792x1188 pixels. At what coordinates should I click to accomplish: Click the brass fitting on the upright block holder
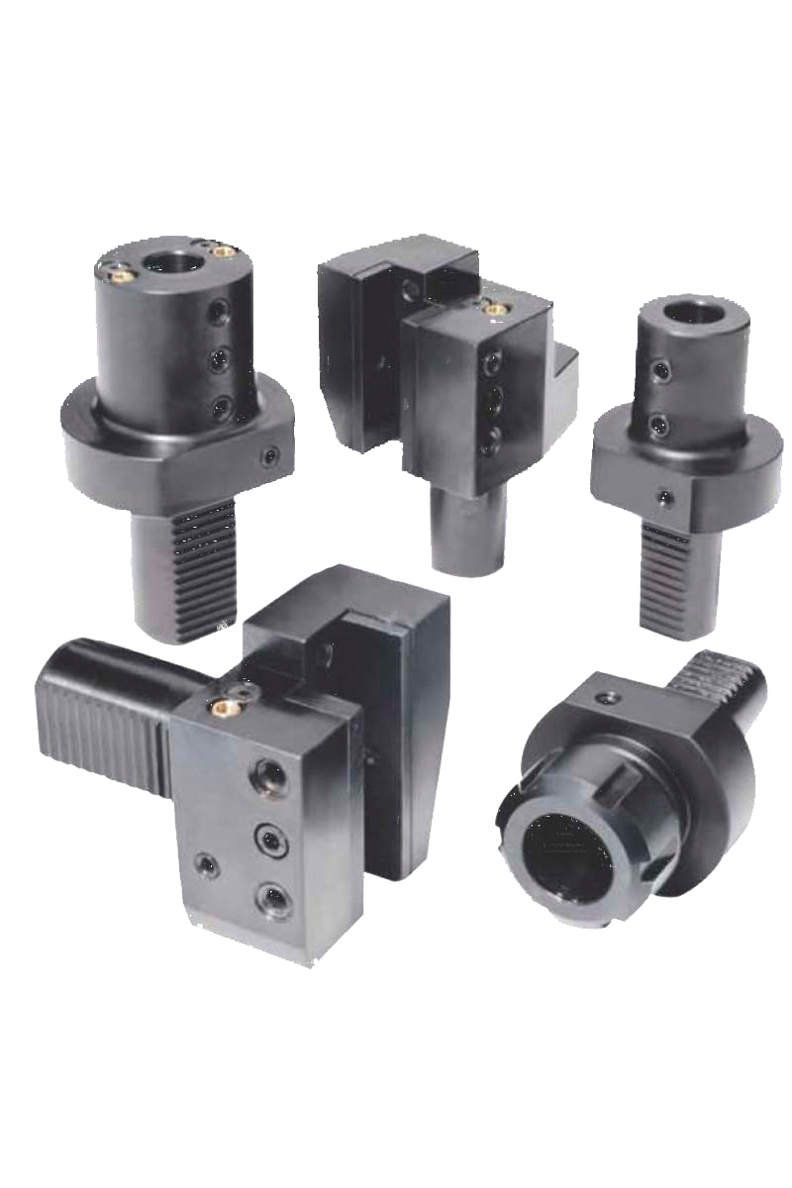coord(492,309)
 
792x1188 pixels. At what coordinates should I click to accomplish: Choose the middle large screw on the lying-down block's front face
coord(268,841)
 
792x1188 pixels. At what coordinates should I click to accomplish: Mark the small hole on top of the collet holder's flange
coord(607,700)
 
